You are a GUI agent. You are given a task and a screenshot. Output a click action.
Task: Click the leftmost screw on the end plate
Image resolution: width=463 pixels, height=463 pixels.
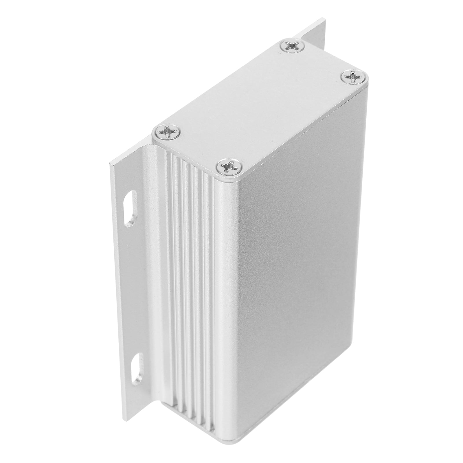point(167,132)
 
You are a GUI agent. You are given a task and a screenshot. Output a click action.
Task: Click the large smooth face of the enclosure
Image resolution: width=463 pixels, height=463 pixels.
point(301,260)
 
